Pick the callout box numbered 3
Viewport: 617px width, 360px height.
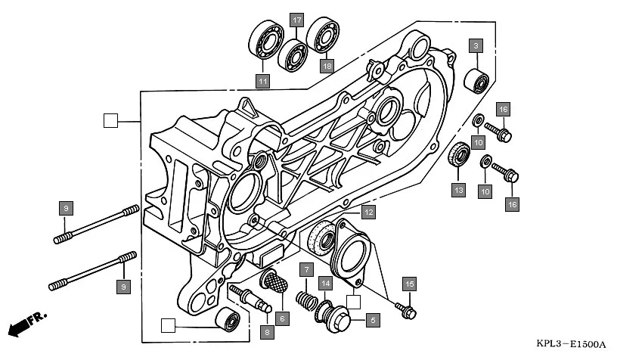pyautogui.click(x=475, y=45)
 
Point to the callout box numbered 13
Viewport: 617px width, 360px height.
pyautogui.click(x=458, y=190)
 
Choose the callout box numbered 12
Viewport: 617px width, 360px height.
pyautogui.click(x=367, y=213)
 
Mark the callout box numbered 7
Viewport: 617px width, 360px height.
pyautogui.click(x=306, y=269)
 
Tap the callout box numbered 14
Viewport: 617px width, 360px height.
pyautogui.click(x=324, y=284)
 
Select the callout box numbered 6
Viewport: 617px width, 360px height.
pyautogui.click(x=282, y=318)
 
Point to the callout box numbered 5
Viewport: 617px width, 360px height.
pyautogui.click(x=372, y=320)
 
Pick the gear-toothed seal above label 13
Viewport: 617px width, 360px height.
pyautogui.click(x=458, y=157)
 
